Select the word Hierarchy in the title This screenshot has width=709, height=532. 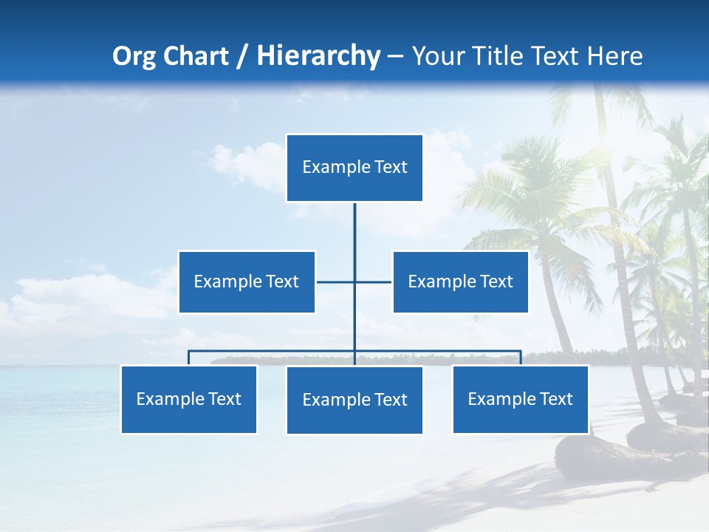pyautogui.click(x=318, y=56)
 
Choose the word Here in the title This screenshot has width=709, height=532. pyautogui.click(x=614, y=56)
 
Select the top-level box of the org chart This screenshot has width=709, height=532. pyautogui.click(x=354, y=168)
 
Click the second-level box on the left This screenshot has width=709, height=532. pyautogui.click(x=247, y=282)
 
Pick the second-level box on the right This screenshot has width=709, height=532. pyautogui.click(x=460, y=282)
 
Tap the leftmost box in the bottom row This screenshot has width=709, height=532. pyautogui.click(x=188, y=399)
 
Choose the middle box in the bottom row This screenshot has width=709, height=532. pyautogui.click(x=354, y=400)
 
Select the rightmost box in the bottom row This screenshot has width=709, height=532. pyautogui.click(x=520, y=399)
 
